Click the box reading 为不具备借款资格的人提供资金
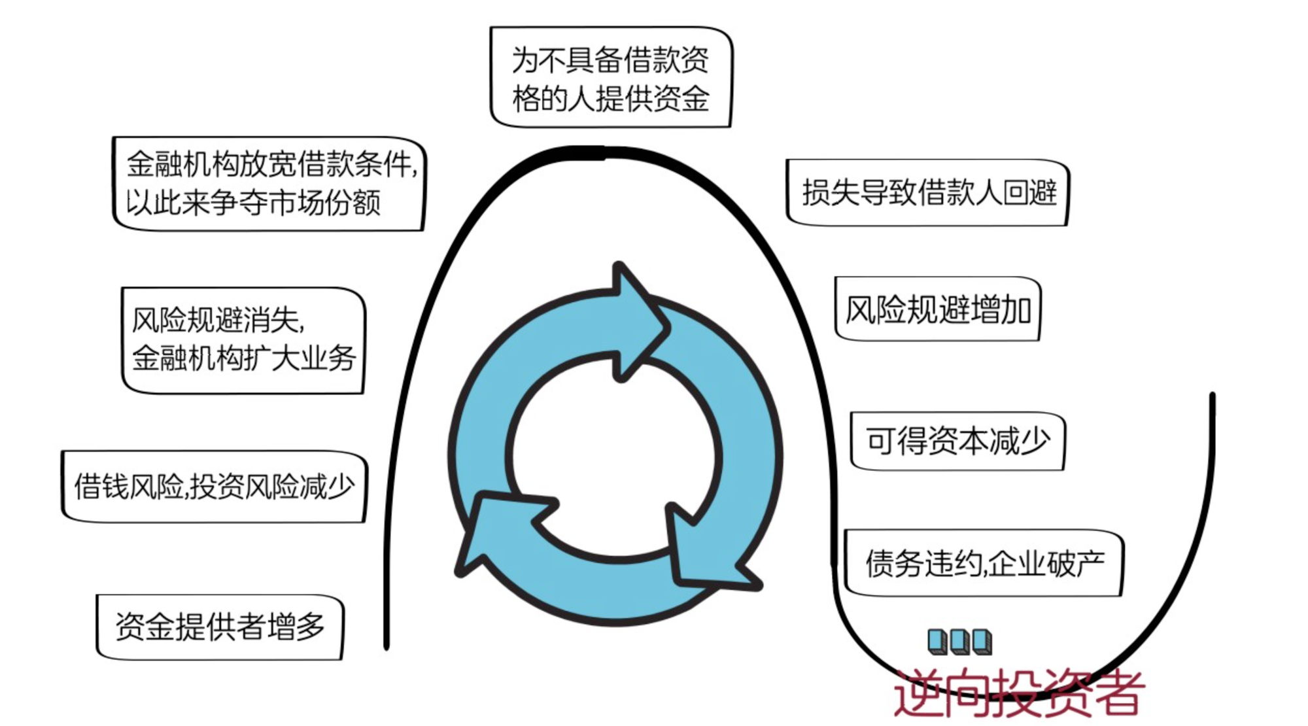coord(611,78)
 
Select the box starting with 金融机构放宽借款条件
coord(269,184)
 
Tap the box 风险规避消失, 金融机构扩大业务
coord(243,340)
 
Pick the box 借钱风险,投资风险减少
coord(214,487)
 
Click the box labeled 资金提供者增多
coord(220,627)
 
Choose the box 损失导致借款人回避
coord(927,193)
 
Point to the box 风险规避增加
coord(938,309)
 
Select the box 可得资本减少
coord(957,441)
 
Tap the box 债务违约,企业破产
coord(984,563)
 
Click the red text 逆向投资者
coord(1019,693)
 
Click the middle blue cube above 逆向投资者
coord(959,642)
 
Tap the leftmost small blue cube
coord(938,642)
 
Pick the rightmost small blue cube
coord(982,642)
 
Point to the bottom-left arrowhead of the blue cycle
coord(497,530)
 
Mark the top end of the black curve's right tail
coord(1212,396)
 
